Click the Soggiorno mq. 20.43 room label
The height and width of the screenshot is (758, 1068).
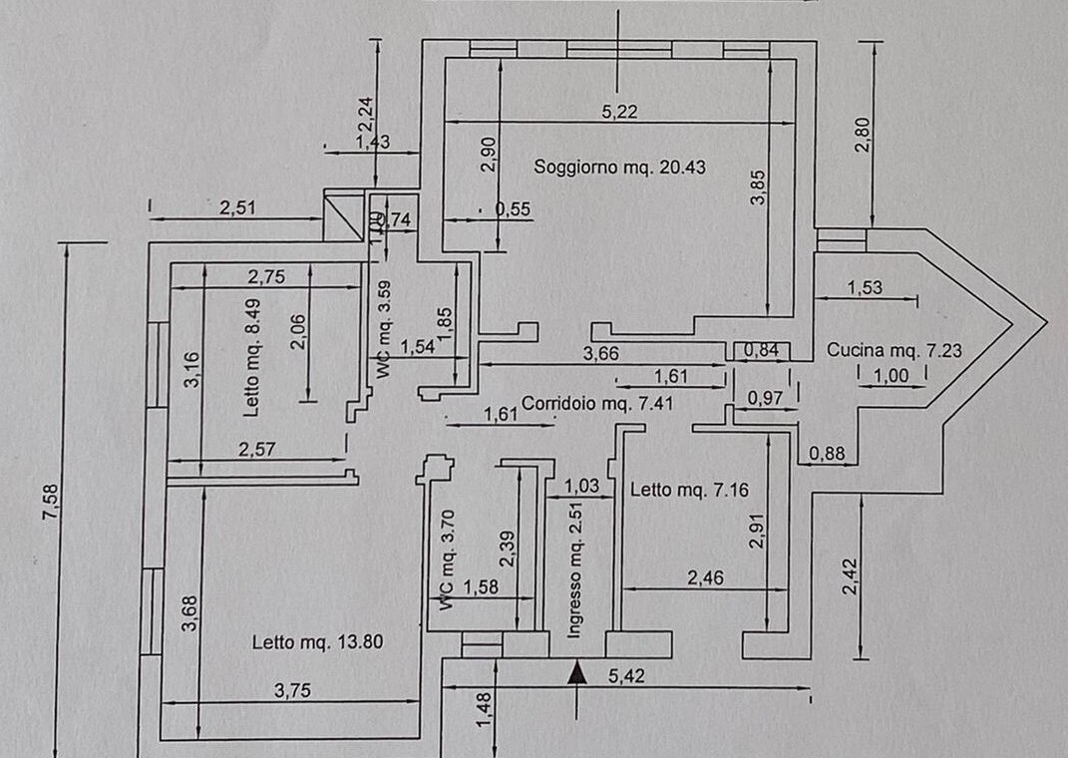(x=619, y=168)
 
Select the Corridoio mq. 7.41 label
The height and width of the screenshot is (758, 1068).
(x=590, y=404)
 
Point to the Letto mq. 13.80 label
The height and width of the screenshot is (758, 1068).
(x=318, y=642)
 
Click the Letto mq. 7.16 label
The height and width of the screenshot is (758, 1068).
(x=689, y=489)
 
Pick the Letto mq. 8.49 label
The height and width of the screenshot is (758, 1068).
(x=252, y=358)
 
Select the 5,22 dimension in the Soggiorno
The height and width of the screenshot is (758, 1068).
(x=619, y=112)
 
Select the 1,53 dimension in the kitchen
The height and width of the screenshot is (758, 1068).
(x=864, y=288)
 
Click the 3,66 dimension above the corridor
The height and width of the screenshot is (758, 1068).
(x=601, y=352)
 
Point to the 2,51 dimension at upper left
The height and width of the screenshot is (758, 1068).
(x=238, y=207)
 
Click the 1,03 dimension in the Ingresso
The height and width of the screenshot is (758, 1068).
(x=582, y=486)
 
